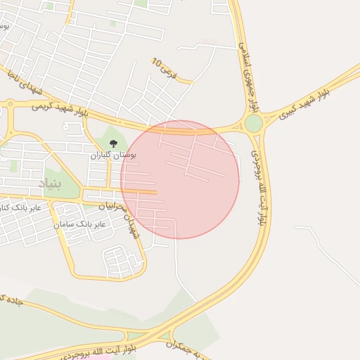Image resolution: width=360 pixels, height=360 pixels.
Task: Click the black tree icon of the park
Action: click(113, 143)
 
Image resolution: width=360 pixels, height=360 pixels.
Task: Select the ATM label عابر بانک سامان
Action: click(79, 224)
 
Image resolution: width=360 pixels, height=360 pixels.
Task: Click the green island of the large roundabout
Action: click(253, 124)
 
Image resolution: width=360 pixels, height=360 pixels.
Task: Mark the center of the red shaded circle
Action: click(180, 179)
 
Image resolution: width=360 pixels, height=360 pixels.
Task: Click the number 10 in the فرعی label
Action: click(157, 63)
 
